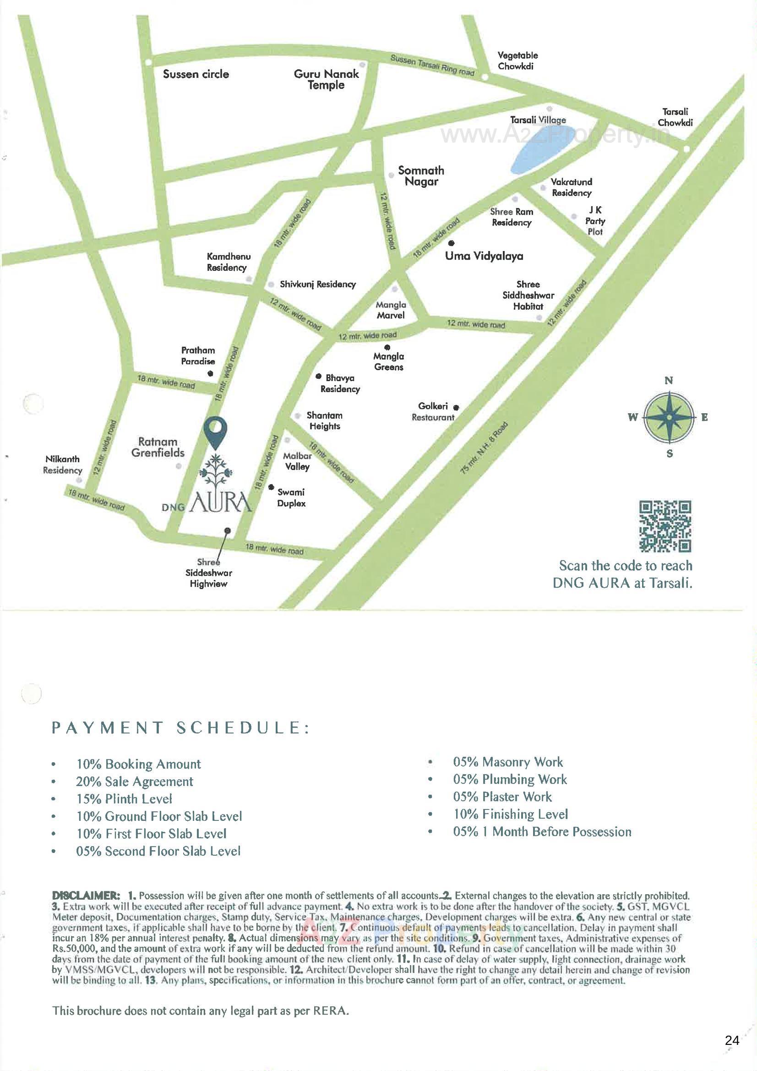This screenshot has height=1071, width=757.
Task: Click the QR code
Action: click(x=664, y=526)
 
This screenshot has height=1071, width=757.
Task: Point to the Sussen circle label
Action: click(x=196, y=74)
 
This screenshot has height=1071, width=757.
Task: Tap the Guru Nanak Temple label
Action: click(x=327, y=79)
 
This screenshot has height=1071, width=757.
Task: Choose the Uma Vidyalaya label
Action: click(x=484, y=256)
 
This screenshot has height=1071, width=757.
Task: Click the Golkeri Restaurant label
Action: click(x=432, y=412)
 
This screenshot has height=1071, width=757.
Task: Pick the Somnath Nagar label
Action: click(x=421, y=176)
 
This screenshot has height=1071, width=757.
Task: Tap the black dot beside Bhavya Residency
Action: click(x=319, y=377)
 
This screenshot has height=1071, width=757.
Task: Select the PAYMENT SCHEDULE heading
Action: click(x=180, y=728)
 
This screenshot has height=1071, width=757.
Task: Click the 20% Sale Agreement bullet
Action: click(x=134, y=781)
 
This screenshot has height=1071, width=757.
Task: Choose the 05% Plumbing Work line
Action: click(x=510, y=779)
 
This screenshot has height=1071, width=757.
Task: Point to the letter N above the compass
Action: click(x=668, y=381)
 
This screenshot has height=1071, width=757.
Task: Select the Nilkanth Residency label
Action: click(x=62, y=464)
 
